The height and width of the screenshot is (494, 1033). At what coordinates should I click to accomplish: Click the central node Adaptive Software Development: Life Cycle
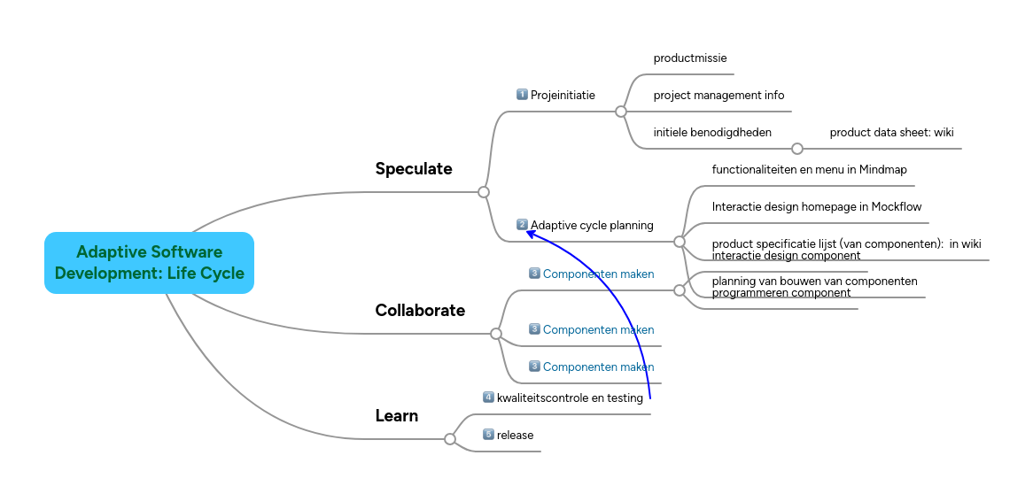click(149, 263)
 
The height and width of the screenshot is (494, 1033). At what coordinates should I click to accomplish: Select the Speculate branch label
click(414, 169)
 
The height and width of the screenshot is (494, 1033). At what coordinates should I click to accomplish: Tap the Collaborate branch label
click(420, 311)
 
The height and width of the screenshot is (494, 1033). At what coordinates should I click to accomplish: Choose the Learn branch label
click(397, 416)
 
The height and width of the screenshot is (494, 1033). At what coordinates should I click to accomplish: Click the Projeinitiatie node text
click(563, 96)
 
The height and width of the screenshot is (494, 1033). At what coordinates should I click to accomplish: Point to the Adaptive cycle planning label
click(592, 226)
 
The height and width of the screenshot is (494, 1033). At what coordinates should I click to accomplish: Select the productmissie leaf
click(690, 58)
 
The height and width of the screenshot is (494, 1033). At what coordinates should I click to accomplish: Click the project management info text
click(718, 96)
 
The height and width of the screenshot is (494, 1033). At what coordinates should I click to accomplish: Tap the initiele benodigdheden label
click(712, 133)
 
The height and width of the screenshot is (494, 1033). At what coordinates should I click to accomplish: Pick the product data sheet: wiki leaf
click(891, 133)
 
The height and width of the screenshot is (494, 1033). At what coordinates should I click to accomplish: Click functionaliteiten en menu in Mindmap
click(809, 170)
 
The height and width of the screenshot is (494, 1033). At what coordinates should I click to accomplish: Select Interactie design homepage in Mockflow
click(817, 207)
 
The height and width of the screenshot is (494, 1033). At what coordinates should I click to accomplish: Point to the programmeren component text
click(781, 293)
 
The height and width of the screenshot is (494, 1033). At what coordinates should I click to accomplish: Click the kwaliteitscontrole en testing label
click(570, 398)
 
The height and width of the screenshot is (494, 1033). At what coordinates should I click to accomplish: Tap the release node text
click(515, 436)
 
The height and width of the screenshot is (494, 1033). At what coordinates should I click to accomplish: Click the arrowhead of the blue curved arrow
click(529, 232)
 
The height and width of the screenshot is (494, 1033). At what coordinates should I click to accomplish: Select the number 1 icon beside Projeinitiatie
click(522, 95)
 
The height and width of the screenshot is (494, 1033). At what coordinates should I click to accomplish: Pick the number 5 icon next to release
click(488, 435)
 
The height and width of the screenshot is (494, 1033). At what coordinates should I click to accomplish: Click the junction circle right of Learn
click(450, 439)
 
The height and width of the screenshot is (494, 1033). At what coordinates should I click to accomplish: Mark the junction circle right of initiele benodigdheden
click(796, 149)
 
